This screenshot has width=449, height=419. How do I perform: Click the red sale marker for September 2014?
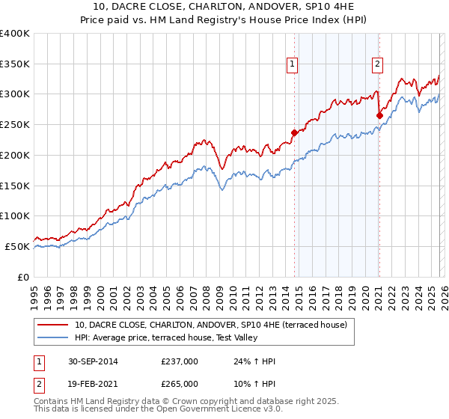[294, 132]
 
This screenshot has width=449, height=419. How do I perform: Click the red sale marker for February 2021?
[379, 115]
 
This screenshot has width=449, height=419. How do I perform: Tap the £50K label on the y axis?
[17, 246]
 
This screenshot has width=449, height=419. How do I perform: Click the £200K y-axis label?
[15, 156]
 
